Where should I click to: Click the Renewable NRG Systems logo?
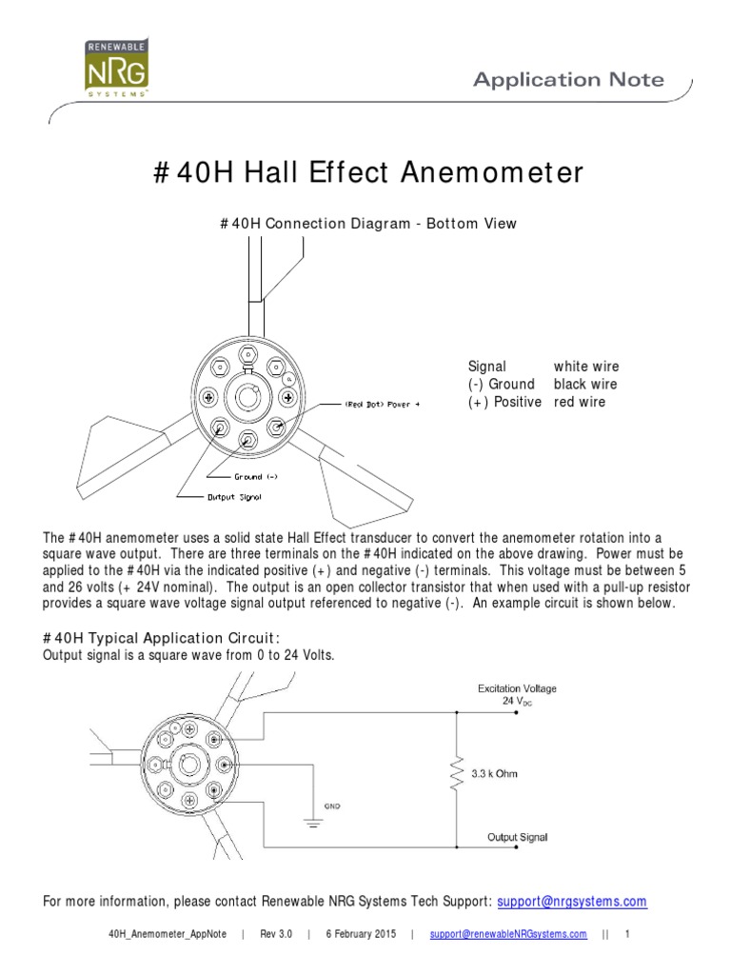tap(112, 69)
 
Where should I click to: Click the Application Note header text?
tap(568, 80)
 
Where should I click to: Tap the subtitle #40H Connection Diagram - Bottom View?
tap(367, 224)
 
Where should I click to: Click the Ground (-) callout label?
tap(256, 476)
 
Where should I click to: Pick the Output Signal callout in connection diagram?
tap(234, 496)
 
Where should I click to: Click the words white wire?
tap(585, 367)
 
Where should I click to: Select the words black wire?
tap(585, 385)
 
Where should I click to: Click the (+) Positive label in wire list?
tap(504, 402)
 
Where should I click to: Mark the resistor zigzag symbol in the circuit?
tap(458, 773)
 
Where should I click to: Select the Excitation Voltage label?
tap(517, 688)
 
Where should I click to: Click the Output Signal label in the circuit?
tap(517, 838)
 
